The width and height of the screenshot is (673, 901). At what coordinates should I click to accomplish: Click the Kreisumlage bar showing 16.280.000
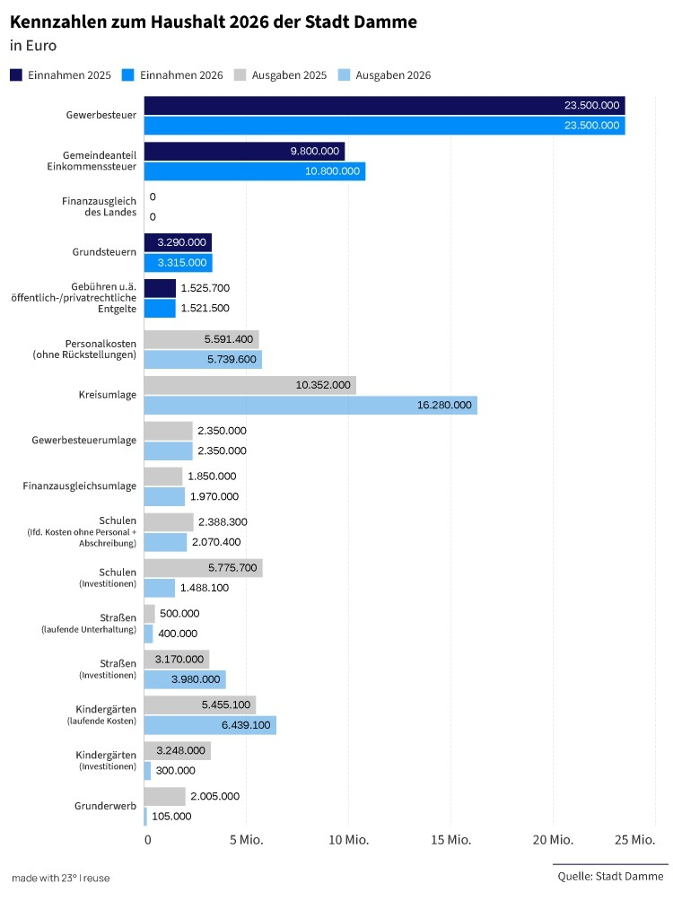pos(310,406)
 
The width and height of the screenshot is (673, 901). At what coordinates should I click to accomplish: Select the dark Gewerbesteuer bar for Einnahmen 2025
pos(384,106)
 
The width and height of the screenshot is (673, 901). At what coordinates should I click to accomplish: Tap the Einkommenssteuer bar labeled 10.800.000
pos(255,171)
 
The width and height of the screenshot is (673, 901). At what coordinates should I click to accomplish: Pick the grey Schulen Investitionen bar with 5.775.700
pos(203,568)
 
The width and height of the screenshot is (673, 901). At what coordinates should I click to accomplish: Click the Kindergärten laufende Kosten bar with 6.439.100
pos(210,725)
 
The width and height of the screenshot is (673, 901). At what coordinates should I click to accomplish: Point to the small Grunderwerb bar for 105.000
pos(145,816)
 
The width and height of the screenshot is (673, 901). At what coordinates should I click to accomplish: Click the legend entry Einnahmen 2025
pos(60,75)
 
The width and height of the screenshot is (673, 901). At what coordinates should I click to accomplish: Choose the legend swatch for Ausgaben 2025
pos(240,75)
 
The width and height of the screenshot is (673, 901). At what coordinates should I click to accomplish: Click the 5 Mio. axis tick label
pos(246,840)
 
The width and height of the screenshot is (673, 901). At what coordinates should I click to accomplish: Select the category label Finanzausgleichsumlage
pos(80,486)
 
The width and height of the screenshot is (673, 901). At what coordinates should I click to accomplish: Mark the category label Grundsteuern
pos(104,252)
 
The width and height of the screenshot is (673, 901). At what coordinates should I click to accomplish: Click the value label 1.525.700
pos(205,288)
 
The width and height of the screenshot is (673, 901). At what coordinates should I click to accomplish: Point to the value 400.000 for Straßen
pos(178,634)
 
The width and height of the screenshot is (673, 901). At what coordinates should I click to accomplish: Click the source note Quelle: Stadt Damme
pos(609,876)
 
